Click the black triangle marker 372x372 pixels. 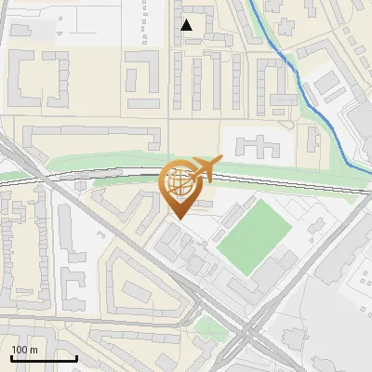[187, 25]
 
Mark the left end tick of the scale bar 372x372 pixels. [11, 357]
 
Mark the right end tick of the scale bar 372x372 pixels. [76, 357]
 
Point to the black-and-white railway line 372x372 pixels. [93, 173]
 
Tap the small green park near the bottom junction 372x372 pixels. [209, 327]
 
